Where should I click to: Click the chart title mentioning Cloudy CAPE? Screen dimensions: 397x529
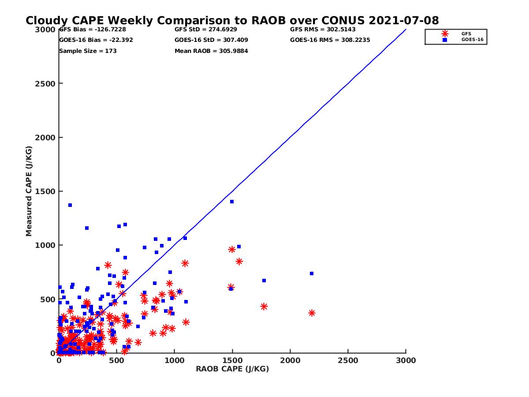[x=232, y=21]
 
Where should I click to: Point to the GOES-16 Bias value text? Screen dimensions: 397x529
[x=96, y=40]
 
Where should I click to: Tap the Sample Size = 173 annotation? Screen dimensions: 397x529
[x=88, y=51]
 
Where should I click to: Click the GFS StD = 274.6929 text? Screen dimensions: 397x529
[x=206, y=30]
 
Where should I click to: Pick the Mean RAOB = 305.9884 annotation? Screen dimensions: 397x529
[x=211, y=51]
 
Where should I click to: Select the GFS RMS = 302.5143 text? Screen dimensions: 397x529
[x=323, y=30]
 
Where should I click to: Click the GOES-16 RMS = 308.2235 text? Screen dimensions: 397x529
[x=330, y=40]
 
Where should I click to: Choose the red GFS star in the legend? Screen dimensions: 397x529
[x=445, y=34]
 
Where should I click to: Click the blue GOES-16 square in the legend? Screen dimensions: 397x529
[x=445, y=40]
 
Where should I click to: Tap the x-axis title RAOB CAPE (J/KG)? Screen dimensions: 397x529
[x=232, y=369]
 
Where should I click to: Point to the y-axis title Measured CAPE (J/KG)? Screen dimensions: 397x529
[x=29, y=191]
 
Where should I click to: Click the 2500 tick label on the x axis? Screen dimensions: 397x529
[x=348, y=360]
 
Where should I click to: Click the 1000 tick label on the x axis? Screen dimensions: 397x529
[x=175, y=360]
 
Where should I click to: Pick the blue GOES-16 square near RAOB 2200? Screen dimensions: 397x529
[x=312, y=273]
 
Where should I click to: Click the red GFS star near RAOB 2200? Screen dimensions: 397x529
[x=312, y=313]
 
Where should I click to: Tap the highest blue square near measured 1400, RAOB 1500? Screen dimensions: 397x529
[x=232, y=202]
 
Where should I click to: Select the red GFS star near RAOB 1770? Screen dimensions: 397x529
[x=264, y=307]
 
